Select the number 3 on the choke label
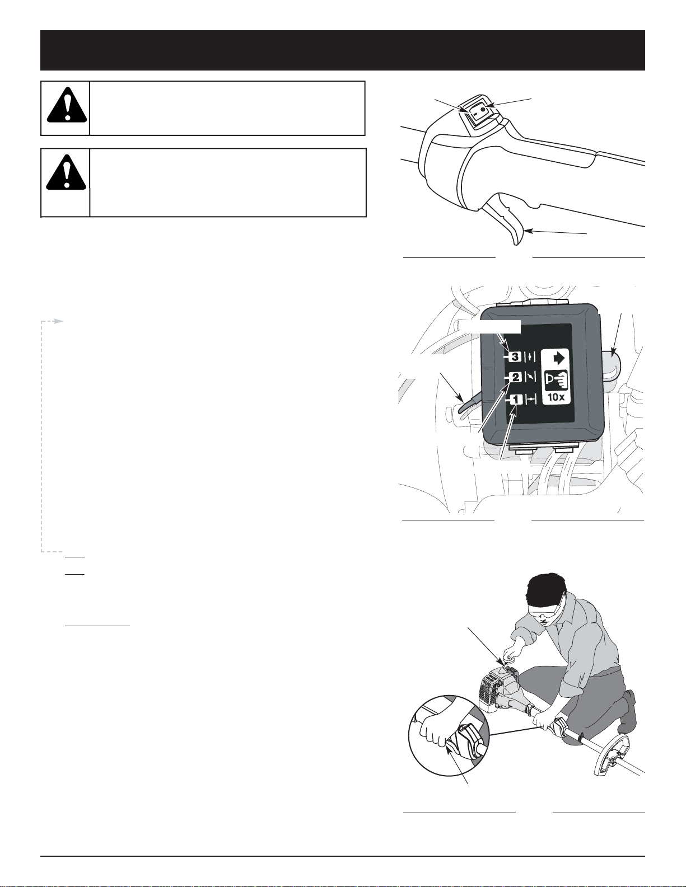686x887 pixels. (x=515, y=356)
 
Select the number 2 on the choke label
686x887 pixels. (x=516, y=378)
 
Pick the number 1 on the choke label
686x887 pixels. (x=516, y=400)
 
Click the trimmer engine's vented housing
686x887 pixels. (x=492, y=688)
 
